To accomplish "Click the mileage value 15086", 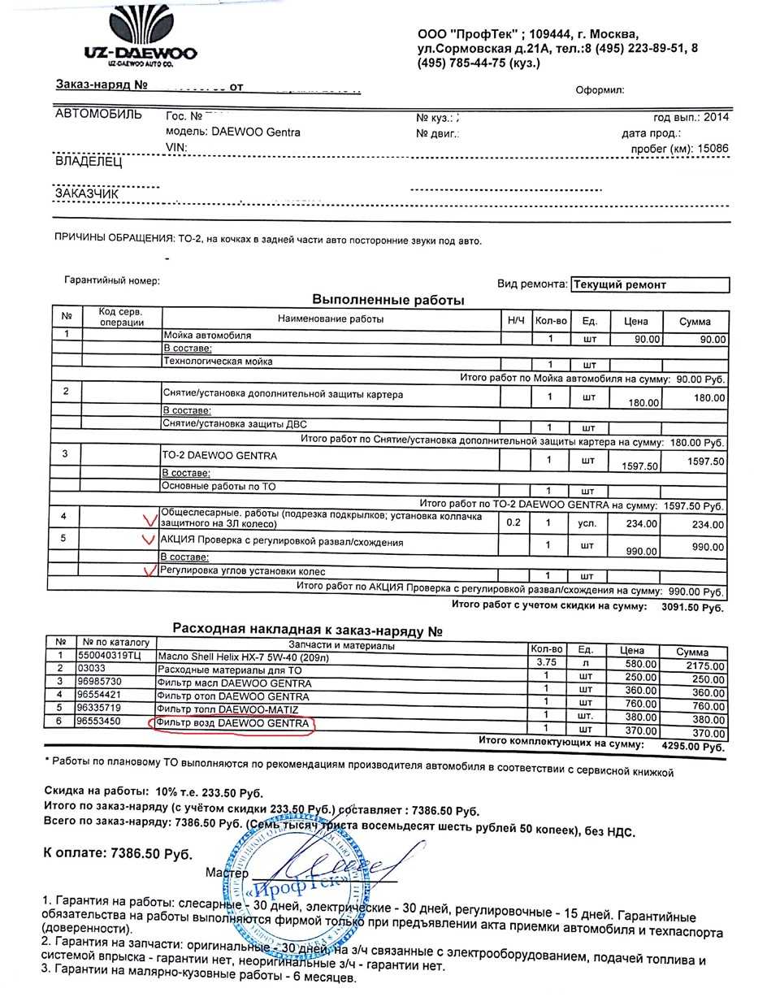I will pyautogui.click(x=713, y=148).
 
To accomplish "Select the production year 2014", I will pyautogui.click(x=716, y=117).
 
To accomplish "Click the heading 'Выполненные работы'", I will pyautogui.click(x=388, y=301).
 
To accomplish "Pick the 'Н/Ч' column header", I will pyautogui.click(x=516, y=321).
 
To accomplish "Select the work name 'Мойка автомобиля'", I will pyautogui.click(x=208, y=335).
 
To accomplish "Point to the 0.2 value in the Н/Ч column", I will pyautogui.click(x=513, y=522).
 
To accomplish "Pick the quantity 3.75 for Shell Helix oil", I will pyautogui.click(x=545, y=662).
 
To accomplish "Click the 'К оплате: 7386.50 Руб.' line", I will pyautogui.click(x=118, y=854).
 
